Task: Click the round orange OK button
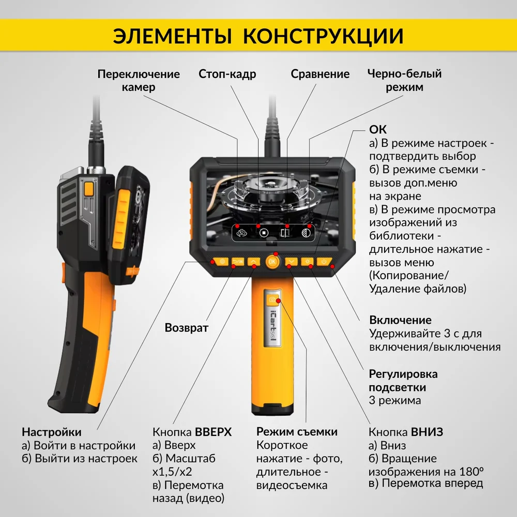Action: (272, 262)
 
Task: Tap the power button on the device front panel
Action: (324, 262)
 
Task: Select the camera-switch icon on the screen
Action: (241, 233)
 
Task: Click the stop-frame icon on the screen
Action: (264, 233)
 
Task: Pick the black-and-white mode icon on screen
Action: (306, 233)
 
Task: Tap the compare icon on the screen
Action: (285, 233)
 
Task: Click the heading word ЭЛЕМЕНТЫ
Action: (173, 36)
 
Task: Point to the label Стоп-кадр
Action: (227, 74)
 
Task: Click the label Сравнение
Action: (320, 74)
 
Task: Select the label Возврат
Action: (187, 328)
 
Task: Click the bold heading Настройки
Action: (51, 432)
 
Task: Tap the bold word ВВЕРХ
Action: (214, 432)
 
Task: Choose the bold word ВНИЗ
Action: (427, 432)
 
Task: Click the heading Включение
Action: (400, 320)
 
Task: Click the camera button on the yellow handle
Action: (272, 299)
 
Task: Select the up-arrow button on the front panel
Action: (253, 262)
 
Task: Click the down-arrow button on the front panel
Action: (291, 262)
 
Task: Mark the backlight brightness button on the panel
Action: (307, 262)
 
